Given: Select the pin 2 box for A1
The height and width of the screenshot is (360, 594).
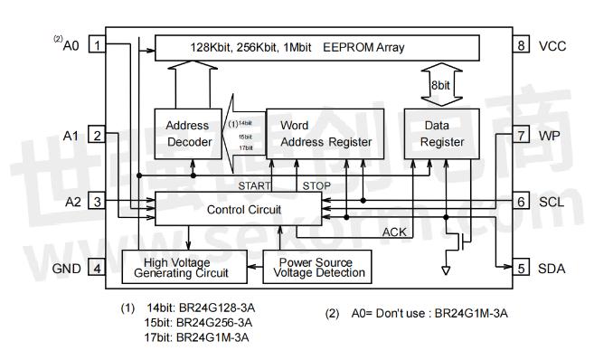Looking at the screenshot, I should (97, 135).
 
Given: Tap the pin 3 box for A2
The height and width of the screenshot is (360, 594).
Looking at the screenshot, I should (97, 201).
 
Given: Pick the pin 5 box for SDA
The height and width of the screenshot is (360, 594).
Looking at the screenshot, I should (522, 268).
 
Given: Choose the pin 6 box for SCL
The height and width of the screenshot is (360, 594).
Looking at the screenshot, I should (522, 201).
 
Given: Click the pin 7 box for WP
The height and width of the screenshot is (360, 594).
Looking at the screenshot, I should (522, 135).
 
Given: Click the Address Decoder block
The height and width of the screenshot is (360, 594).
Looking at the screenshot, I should (187, 134).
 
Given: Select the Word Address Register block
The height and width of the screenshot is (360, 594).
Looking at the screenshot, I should (325, 133).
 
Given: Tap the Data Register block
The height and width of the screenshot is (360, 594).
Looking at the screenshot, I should (443, 133).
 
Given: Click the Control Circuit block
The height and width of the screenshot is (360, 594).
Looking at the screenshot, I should (239, 209).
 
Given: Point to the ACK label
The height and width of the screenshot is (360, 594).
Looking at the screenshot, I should (393, 232).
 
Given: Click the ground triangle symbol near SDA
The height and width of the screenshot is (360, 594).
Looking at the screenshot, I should (444, 270).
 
